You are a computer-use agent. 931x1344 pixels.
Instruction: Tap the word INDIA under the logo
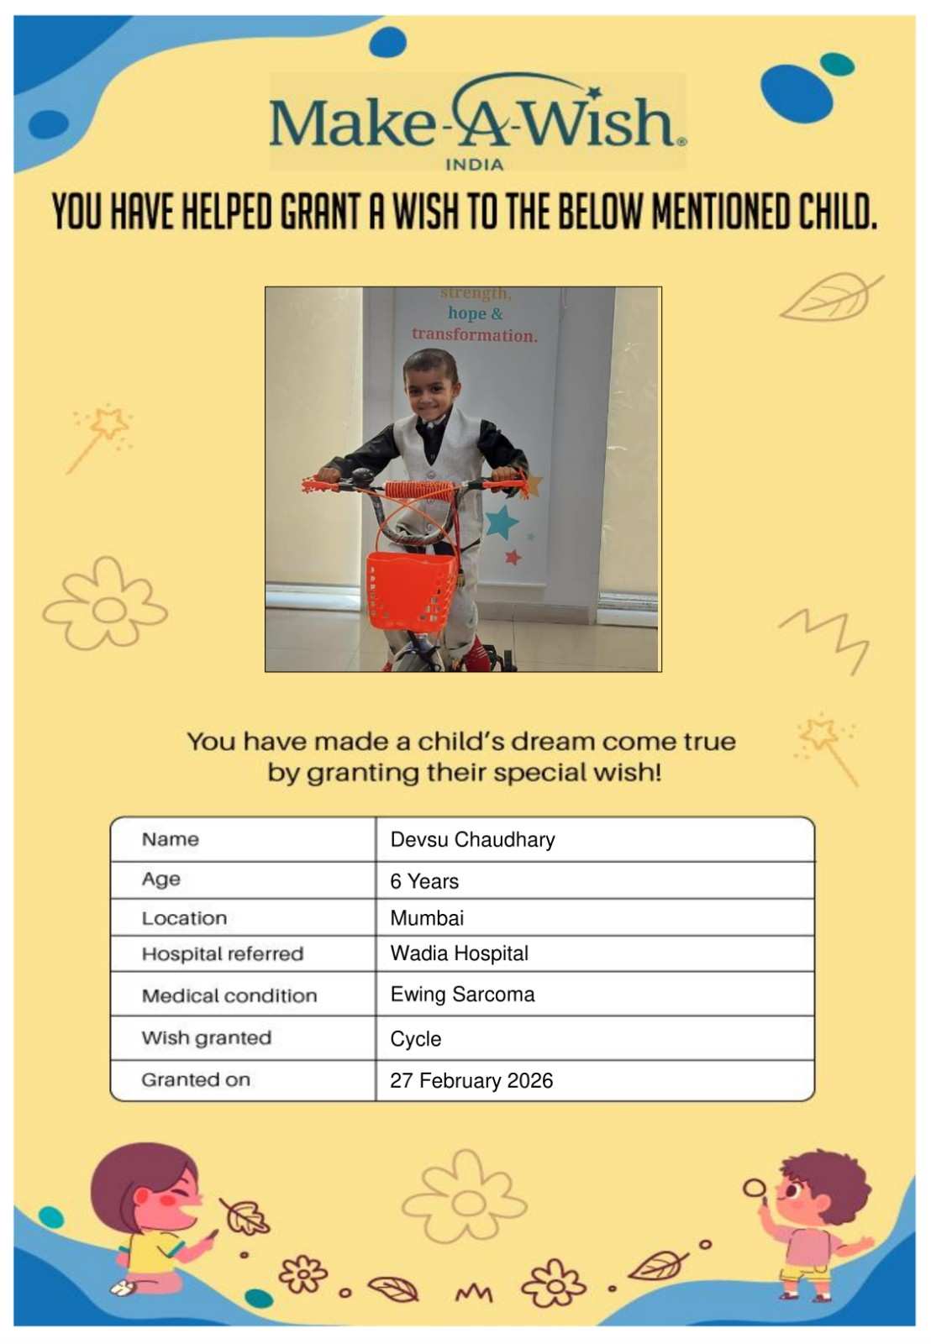(474, 165)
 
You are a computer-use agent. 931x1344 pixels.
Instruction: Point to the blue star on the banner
(502, 522)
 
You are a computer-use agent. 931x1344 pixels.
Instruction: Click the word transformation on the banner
(474, 335)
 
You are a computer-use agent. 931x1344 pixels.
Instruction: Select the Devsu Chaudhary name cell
(472, 839)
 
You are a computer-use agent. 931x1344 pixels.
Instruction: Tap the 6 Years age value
(424, 881)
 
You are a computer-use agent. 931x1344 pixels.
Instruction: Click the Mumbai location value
(427, 918)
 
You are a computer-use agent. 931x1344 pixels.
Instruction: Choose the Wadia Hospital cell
(459, 953)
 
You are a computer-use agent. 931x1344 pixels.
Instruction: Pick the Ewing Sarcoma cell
(462, 995)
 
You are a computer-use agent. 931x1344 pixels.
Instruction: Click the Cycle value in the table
(415, 1039)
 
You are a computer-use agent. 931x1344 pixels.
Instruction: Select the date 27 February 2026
(471, 1080)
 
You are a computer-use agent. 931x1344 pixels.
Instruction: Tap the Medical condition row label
(229, 995)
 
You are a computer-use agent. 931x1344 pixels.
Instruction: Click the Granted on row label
(196, 1079)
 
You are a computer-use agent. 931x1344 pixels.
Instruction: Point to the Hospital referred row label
(223, 953)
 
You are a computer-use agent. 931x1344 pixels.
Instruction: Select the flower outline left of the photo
(104, 605)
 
